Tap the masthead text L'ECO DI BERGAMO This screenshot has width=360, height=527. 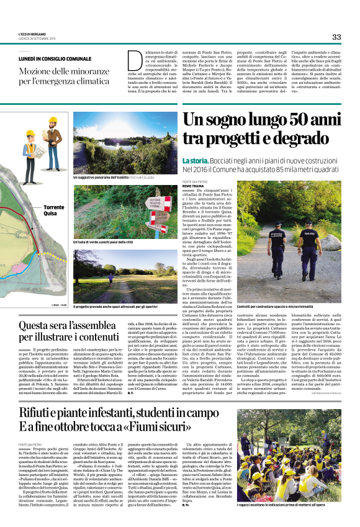[x=32, y=34]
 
